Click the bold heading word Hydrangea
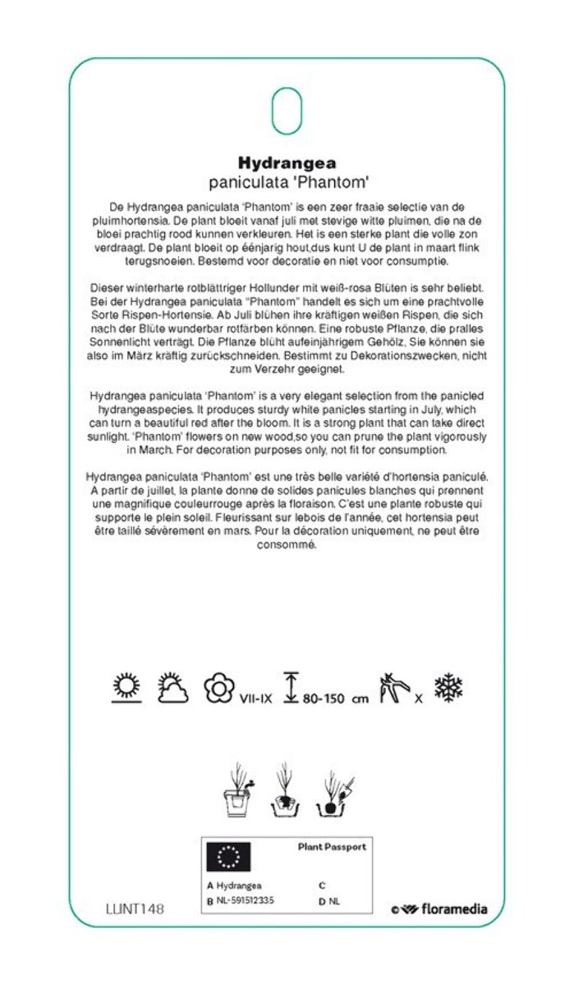click(x=287, y=162)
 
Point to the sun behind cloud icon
click(x=172, y=688)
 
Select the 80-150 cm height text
click(x=335, y=699)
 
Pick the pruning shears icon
click(x=393, y=688)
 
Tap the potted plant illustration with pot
click(x=239, y=790)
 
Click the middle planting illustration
click(x=285, y=790)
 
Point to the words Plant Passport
click(x=332, y=846)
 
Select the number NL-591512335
click(x=245, y=900)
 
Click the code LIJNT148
click(x=135, y=909)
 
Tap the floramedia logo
click(x=439, y=909)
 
